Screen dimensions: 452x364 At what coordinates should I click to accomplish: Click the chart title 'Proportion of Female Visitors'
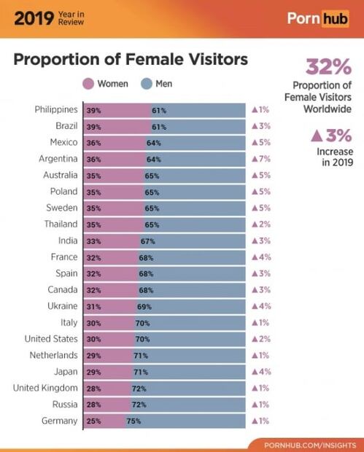[x=131, y=59]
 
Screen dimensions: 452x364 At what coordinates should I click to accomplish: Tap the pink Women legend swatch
[x=89, y=84]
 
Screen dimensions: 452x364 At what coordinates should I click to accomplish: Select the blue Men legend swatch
[x=147, y=84]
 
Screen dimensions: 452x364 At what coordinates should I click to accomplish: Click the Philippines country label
[x=56, y=109]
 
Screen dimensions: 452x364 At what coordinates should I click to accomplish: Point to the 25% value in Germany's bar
[x=93, y=421]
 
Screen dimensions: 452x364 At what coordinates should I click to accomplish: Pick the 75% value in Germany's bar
[x=134, y=421]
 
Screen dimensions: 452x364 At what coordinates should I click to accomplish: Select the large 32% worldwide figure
[x=329, y=67]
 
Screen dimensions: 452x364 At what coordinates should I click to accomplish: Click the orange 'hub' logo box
[x=330, y=17]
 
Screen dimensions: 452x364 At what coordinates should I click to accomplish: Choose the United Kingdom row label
[x=45, y=388]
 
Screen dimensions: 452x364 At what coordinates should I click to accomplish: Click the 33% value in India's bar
[x=93, y=241]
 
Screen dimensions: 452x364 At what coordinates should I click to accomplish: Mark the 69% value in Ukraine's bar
[x=144, y=306]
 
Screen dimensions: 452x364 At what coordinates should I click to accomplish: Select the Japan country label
[x=65, y=372]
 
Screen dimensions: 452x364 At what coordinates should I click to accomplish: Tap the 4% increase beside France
[x=261, y=257]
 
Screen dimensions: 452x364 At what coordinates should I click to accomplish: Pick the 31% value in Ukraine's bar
[x=93, y=306]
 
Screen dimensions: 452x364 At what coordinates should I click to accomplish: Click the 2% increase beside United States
[x=261, y=339]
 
